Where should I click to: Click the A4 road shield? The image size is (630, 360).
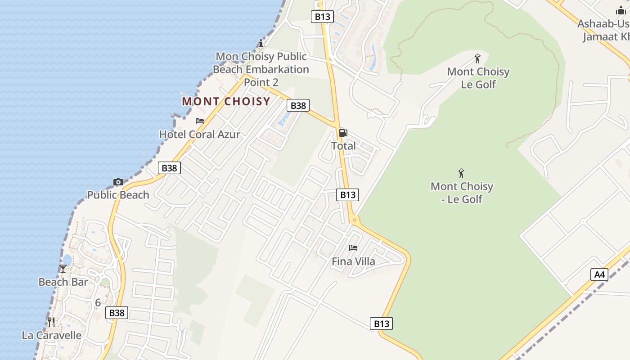tap(599, 274)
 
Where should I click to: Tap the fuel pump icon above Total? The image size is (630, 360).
tap(343, 133)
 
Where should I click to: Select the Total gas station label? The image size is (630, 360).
tap(343, 146)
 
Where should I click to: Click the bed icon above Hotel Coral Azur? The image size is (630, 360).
tap(200, 121)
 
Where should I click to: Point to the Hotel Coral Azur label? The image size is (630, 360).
tap(200, 134)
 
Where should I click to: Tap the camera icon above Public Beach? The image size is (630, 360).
tap(118, 182)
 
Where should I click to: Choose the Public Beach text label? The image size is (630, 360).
tap(118, 195)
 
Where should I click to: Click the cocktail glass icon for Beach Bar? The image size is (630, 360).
tap(63, 269)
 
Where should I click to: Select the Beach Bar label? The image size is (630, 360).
tap(63, 282)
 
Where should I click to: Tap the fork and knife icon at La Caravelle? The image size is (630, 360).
tap(51, 322)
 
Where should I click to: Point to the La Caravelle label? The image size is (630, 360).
tap(52, 335)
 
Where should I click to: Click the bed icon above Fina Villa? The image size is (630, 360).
tap(353, 248)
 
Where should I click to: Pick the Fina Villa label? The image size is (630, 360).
tap(353, 261)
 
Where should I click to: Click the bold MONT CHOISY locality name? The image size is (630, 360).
tap(226, 102)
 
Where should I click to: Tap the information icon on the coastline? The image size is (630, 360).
tap(261, 44)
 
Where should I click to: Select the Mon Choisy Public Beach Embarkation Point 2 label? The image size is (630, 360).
tap(261, 69)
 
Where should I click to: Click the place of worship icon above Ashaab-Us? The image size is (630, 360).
tap(621, 11)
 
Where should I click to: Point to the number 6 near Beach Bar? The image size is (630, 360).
tap(98, 303)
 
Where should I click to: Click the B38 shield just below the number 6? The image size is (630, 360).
tap(117, 313)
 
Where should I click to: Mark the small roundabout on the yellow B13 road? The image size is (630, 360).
tap(355, 220)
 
